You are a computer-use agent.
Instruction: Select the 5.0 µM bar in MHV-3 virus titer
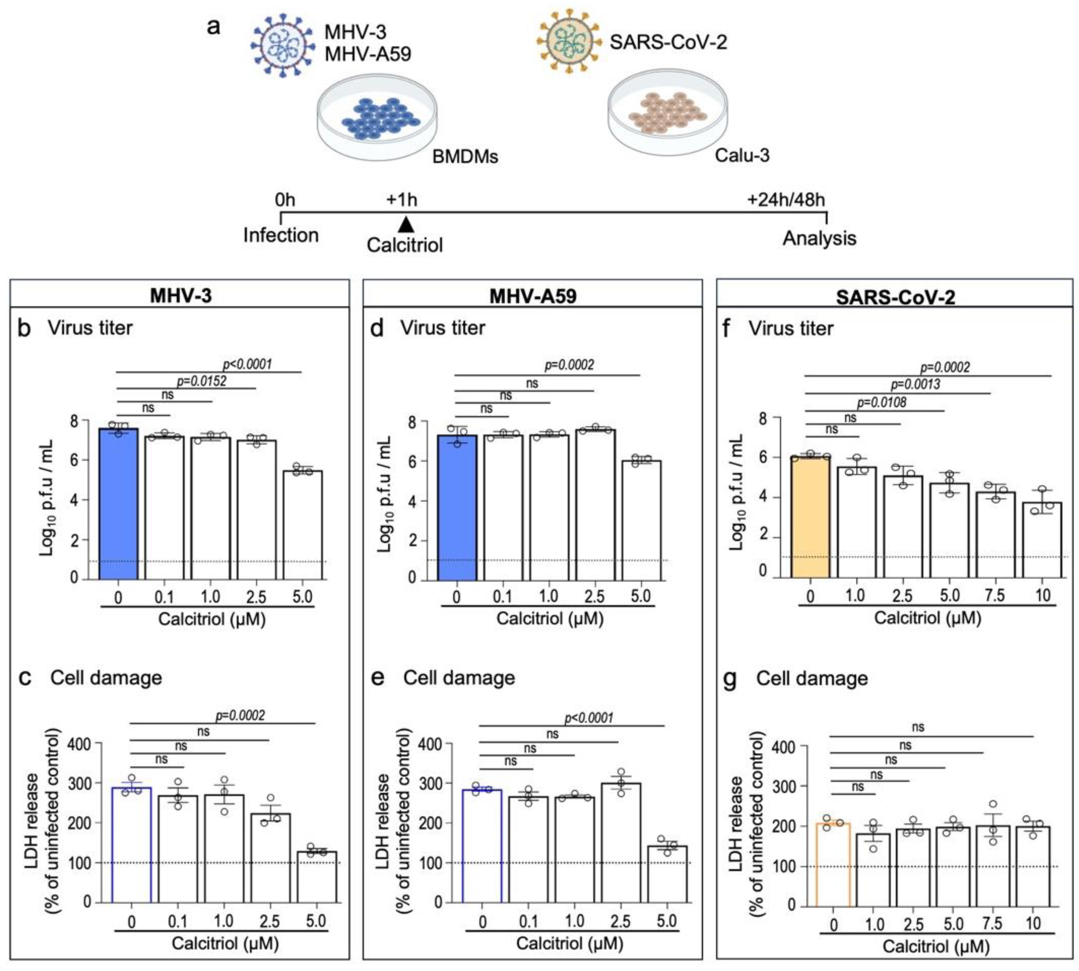tap(302, 525)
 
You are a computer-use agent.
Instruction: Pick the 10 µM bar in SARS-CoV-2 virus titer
tap(1042, 540)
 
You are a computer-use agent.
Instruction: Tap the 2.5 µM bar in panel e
tap(621, 843)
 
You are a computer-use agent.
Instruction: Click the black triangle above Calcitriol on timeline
tap(406, 224)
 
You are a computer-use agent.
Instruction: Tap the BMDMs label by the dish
tap(465, 156)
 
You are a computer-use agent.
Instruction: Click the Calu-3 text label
tap(742, 155)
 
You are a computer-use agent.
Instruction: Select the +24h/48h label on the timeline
tap(786, 200)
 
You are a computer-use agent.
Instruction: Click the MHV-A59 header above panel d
tap(532, 295)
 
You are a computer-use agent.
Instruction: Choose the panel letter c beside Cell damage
tap(25, 677)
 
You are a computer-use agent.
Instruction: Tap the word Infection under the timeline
tap(281, 235)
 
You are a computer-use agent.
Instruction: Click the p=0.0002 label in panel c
tap(240, 715)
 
